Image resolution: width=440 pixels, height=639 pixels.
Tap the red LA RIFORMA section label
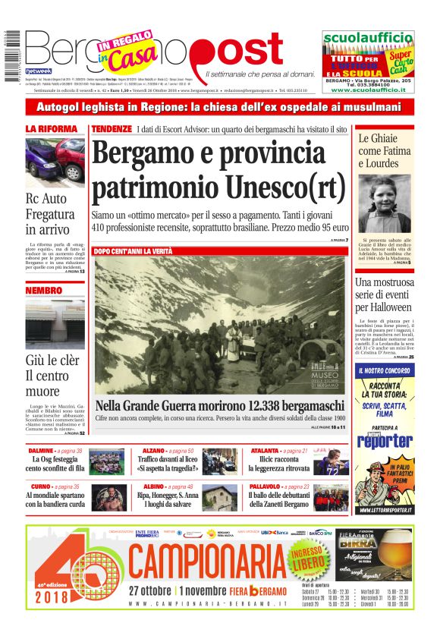click(52, 129)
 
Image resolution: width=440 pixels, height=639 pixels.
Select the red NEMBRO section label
click(43, 290)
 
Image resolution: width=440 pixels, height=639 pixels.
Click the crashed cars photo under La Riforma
click(55, 160)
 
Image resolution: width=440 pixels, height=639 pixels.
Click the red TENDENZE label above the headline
click(112, 129)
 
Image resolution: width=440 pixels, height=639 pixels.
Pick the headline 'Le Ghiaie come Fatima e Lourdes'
click(385, 151)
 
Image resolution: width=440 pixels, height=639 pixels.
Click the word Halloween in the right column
click(384, 307)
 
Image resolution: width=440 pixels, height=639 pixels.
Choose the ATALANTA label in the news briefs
click(266, 451)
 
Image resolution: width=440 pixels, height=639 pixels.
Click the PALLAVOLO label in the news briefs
click(268, 486)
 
